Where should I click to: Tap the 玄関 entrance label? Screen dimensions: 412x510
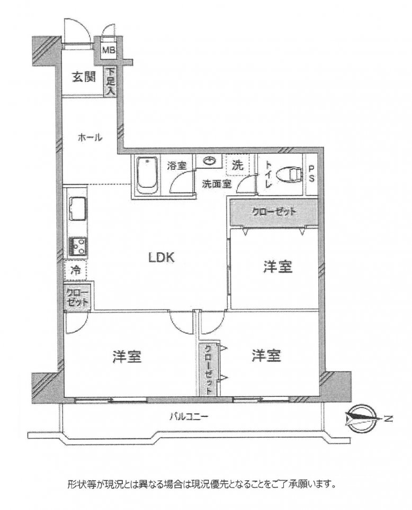[84, 77]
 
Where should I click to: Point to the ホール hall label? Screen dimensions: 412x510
[89, 138]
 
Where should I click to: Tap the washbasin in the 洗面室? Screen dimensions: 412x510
[209, 161]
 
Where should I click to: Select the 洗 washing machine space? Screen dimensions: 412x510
[238, 165]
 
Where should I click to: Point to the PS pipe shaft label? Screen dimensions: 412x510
[312, 175]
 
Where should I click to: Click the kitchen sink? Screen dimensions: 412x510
[77, 209]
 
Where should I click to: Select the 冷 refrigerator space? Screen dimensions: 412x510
[76, 270]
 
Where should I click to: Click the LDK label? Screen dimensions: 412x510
[162, 258]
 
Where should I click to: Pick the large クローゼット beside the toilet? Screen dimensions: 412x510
[274, 212]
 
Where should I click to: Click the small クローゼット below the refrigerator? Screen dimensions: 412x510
[77, 296]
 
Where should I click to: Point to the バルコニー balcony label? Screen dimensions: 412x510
[189, 416]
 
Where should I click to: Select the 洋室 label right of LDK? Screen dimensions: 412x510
[278, 267]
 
